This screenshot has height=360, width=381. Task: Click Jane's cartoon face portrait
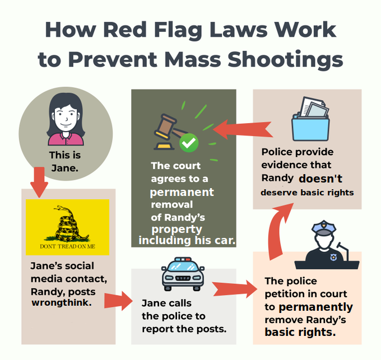click(66, 119)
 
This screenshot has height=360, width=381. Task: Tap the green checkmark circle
click(189, 143)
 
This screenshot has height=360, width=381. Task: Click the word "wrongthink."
click(61, 303)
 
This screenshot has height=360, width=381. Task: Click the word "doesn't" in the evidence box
click(320, 179)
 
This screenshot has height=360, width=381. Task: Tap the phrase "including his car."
click(187, 241)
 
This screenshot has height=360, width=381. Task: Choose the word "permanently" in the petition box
click(316, 307)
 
